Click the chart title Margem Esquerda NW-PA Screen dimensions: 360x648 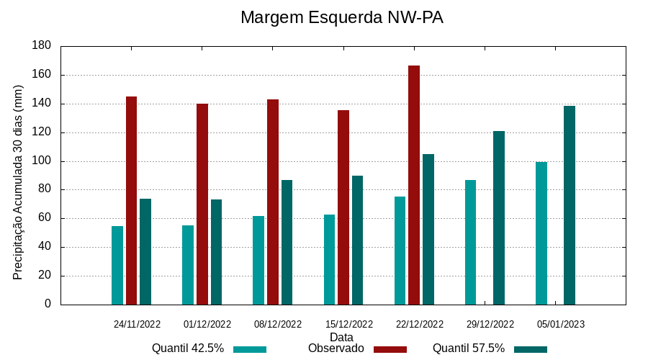point(341,17)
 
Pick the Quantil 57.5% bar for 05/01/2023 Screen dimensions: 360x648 point(570,205)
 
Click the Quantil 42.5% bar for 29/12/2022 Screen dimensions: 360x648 point(470,242)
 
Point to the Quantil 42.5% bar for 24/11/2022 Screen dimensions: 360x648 point(117,265)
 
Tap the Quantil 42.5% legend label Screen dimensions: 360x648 point(188,348)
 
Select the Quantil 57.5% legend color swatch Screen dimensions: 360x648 point(531,349)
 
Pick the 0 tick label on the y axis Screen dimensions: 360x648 point(48,304)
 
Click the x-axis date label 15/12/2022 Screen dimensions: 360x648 point(349,324)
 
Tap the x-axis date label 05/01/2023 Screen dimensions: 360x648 point(561,324)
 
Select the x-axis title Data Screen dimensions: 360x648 point(341,336)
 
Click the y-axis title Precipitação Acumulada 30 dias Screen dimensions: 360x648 point(19,181)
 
